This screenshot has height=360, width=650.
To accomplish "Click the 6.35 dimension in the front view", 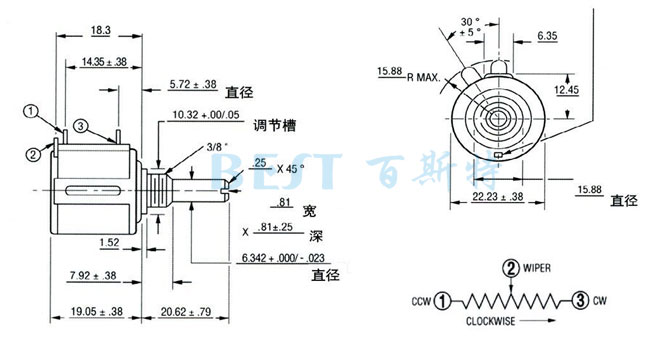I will (546, 36).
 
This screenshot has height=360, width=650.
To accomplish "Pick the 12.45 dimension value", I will (567, 90).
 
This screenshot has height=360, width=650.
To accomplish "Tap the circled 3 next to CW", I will (579, 298).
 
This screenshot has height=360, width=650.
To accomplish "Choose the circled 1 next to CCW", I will (442, 298).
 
